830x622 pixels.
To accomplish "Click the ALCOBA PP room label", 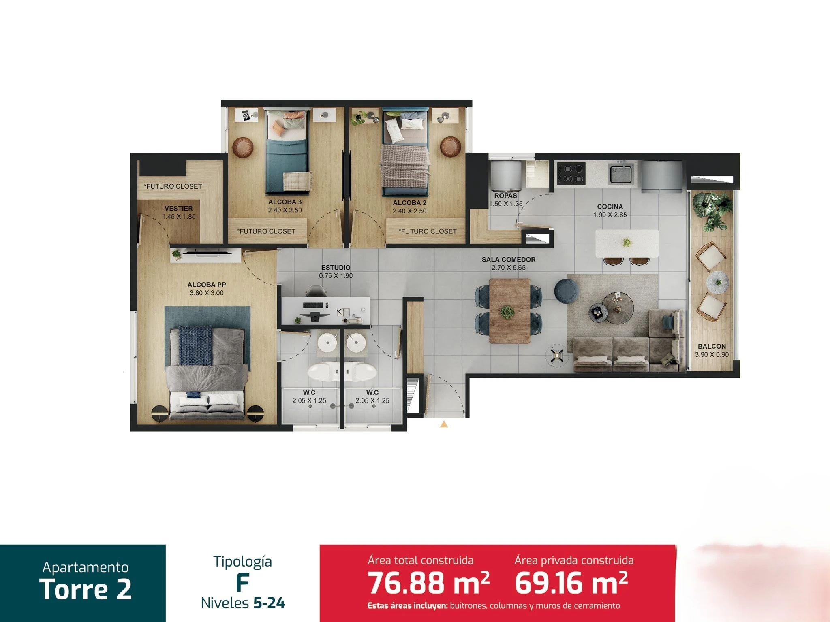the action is click(x=207, y=285).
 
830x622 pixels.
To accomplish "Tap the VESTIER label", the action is click(x=179, y=209).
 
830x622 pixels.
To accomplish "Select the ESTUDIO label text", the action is click(x=336, y=268).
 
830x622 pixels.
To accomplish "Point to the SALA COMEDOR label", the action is click(x=509, y=260).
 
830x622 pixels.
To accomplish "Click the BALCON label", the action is click(x=712, y=347).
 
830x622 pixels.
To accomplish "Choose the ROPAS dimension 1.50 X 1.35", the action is click(x=506, y=204).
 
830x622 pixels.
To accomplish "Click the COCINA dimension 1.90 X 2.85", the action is click(x=610, y=215).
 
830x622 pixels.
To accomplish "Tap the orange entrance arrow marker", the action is click(x=444, y=424).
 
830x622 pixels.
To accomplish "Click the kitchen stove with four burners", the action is click(x=571, y=173).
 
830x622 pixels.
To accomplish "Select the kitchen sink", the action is click(x=620, y=173).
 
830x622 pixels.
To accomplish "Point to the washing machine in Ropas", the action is click(x=505, y=176).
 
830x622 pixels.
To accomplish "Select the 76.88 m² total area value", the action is click(x=429, y=583).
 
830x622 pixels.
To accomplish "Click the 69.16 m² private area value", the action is click(x=571, y=583).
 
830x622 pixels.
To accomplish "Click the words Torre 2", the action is click(x=86, y=589).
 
